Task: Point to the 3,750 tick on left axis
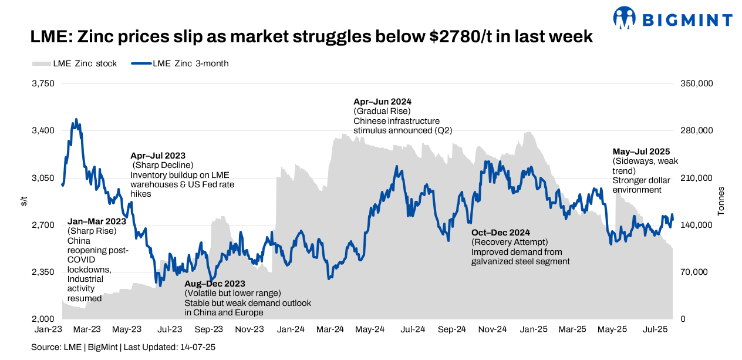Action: click(x=43, y=83)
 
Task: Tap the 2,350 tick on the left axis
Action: click(x=43, y=272)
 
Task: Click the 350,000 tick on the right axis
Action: click(x=697, y=83)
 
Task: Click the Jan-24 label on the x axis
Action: click(x=290, y=329)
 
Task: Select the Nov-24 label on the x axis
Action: click(x=493, y=329)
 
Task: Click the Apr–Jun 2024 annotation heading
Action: click(x=382, y=102)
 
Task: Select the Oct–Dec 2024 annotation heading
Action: click(x=501, y=233)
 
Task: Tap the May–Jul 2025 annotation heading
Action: click(x=641, y=152)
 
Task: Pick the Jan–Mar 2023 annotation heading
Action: click(x=97, y=221)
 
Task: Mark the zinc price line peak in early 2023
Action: click(x=76, y=119)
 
